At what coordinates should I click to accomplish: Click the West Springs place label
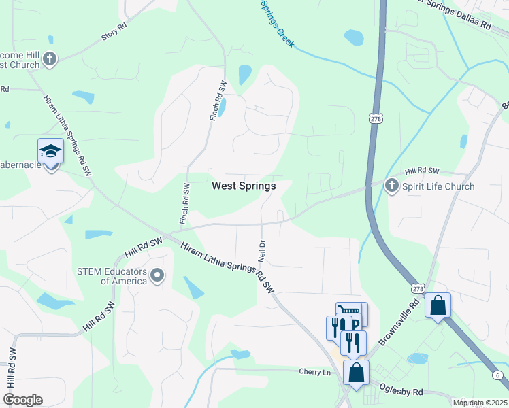244,186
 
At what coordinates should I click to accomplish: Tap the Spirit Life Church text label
438,186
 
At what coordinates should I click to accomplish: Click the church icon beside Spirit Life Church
391,185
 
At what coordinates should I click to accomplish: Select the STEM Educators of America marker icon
158,275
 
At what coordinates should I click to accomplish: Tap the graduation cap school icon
50,151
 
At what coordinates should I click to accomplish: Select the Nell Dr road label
261,252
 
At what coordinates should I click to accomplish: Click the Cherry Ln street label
314,372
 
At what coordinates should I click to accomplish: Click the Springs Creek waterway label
278,22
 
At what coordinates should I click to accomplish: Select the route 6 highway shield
497,375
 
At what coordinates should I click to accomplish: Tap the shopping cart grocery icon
348,312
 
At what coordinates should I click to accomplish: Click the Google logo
22,400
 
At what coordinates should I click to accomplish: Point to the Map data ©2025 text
480,403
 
